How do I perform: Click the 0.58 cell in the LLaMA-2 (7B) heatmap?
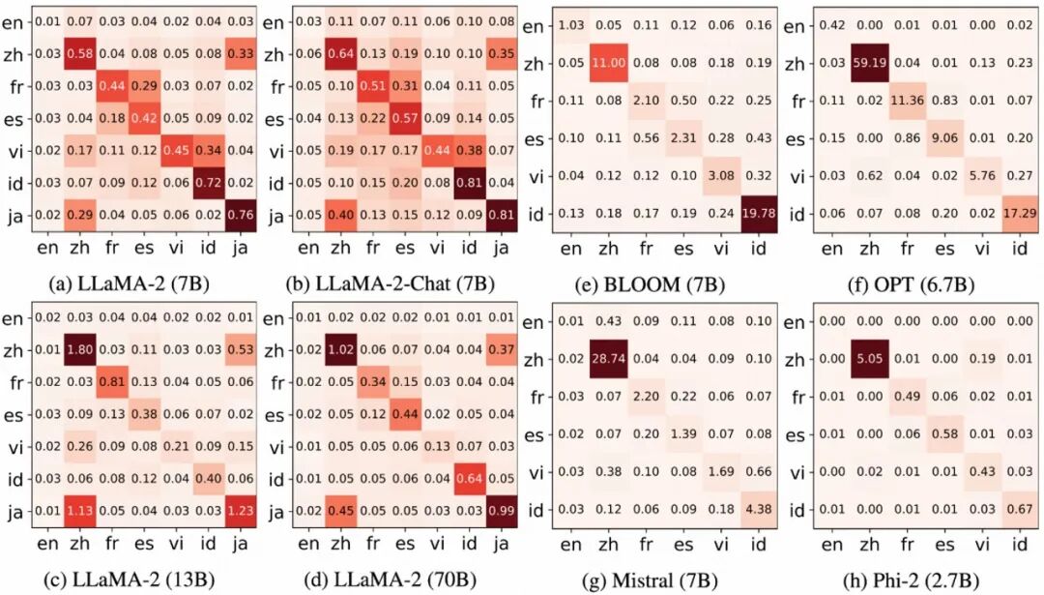[80, 54]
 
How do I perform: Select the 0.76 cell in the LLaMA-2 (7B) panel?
[241, 215]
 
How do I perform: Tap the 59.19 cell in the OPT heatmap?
[870, 64]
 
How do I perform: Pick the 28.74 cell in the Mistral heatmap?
[609, 359]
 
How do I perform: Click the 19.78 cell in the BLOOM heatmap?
[759, 214]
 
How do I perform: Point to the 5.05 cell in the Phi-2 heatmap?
[870, 359]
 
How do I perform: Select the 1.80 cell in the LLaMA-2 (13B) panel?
[80, 350]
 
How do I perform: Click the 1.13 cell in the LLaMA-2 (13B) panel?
[80, 511]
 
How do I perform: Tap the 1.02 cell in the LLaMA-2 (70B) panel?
[341, 350]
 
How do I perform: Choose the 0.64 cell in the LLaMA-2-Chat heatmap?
[341, 54]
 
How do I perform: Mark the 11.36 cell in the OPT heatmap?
[908, 102]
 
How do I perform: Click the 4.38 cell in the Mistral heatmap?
[759, 510]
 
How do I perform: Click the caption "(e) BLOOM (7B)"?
[650, 285]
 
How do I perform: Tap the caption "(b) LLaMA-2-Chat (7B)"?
[391, 284]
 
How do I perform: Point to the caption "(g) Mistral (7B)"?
[650, 580]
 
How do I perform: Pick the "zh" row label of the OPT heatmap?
[795, 65]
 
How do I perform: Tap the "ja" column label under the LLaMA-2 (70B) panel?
[502, 544]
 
